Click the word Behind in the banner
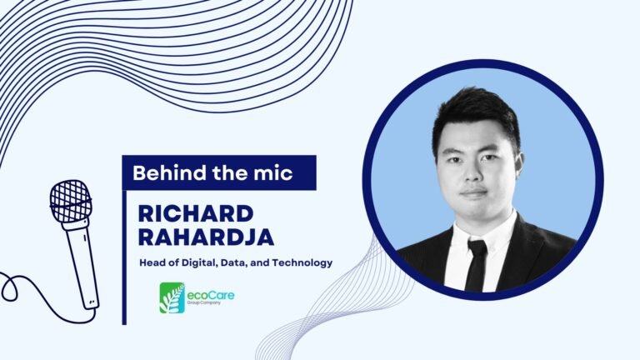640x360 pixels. coord(169,172)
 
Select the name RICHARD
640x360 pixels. coord(196,214)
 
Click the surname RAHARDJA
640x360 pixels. coord(206,237)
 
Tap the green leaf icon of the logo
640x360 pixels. coord(172,298)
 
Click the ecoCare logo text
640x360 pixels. coord(211,295)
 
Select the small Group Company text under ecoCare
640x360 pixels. coord(203,303)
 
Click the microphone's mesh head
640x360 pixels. coord(71,201)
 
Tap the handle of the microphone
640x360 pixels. coord(82,265)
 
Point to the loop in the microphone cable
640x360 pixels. coord(9,287)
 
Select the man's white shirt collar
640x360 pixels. coord(483,232)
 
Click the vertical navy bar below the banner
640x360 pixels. coord(124,257)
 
